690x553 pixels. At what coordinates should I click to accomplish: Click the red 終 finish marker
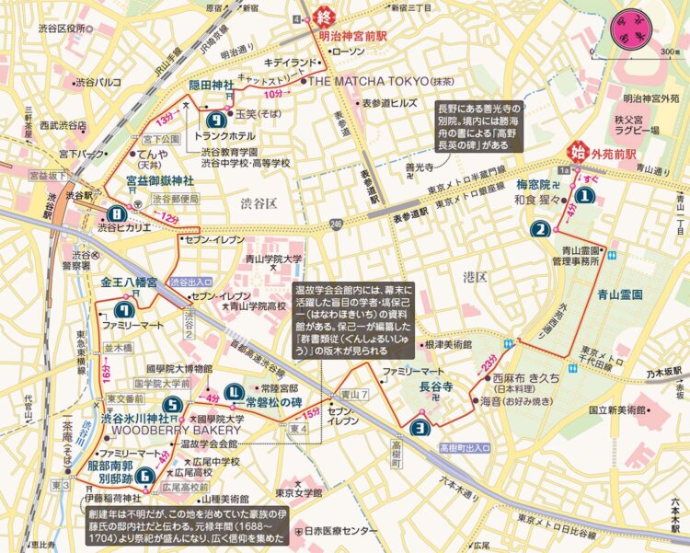coord(323,17)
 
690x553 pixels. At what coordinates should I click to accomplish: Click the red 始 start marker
coord(580,151)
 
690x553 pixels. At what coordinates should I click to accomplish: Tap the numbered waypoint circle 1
coord(582,195)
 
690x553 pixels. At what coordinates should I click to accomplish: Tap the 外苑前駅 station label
coord(618,152)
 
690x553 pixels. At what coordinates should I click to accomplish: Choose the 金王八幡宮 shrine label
coord(129,282)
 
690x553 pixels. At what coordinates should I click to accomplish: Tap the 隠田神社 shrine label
coord(213,84)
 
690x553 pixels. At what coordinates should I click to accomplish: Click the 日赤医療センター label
coord(336,532)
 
